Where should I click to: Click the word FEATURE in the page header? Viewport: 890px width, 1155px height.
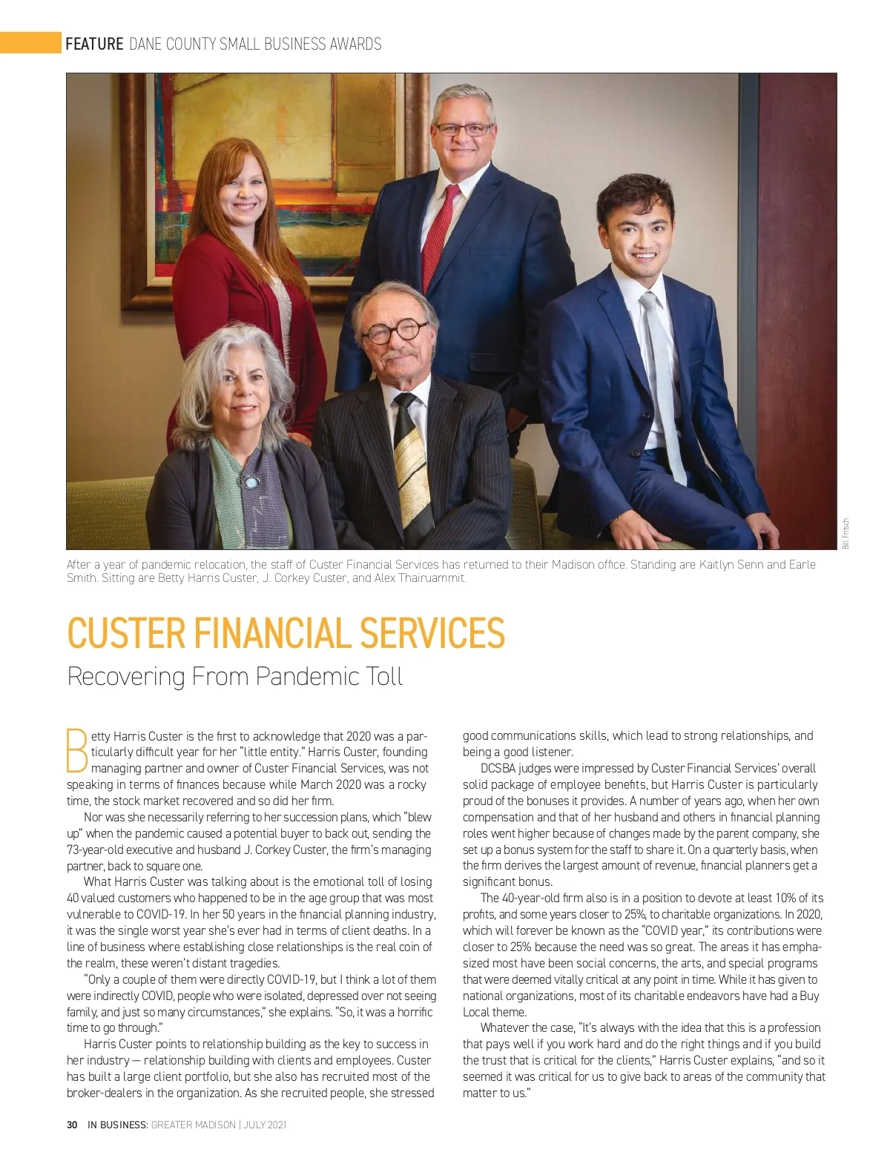point(94,44)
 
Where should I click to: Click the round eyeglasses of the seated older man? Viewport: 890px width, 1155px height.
point(398,331)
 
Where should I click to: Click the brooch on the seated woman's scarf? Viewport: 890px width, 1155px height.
point(250,483)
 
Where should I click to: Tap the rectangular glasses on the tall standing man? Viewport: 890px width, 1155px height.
point(464,129)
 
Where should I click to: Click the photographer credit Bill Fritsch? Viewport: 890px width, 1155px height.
point(846,534)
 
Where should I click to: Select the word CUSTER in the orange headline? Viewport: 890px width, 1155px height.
point(126,634)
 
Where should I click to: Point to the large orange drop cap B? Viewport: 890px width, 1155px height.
point(77,751)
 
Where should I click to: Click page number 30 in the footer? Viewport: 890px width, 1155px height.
point(72,1125)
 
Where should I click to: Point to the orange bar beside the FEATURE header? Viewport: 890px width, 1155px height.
point(30,43)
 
